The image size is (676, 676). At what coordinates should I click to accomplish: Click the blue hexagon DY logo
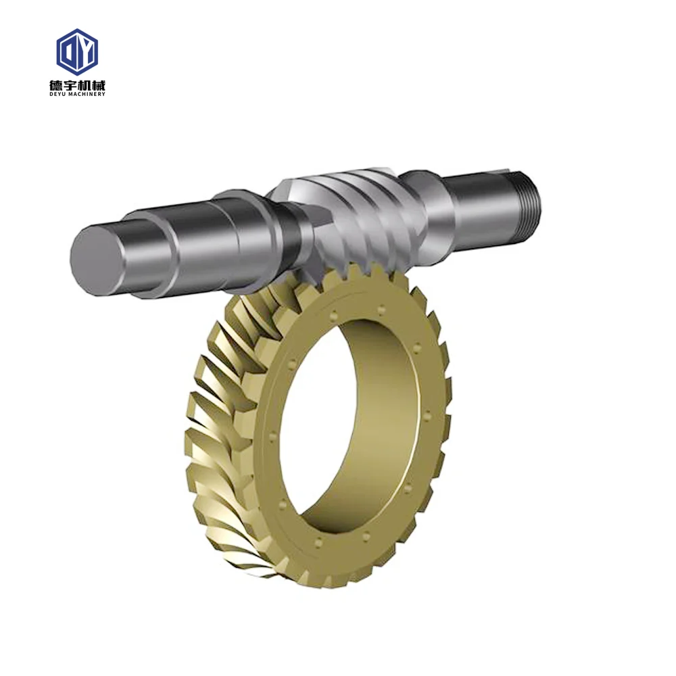pyautogui.click(x=77, y=51)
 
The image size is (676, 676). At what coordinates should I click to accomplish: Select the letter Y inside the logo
pyautogui.click(x=84, y=51)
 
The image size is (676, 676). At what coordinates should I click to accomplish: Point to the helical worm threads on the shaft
pyautogui.click(x=352, y=210)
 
